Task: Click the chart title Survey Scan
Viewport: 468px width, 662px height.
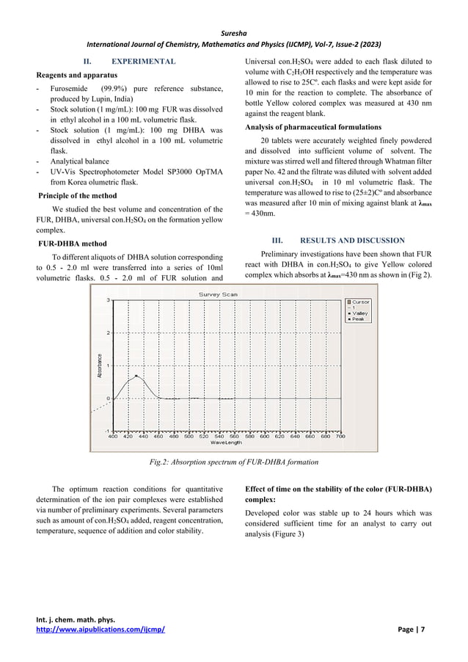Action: point(219,294)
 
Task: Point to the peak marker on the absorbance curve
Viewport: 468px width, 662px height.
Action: point(136,376)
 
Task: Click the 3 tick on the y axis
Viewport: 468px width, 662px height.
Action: point(109,300)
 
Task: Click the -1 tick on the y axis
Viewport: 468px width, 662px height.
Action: point(107,431)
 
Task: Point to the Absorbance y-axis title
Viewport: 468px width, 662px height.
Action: point(99,365)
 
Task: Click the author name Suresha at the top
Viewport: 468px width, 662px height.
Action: point(233,32)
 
